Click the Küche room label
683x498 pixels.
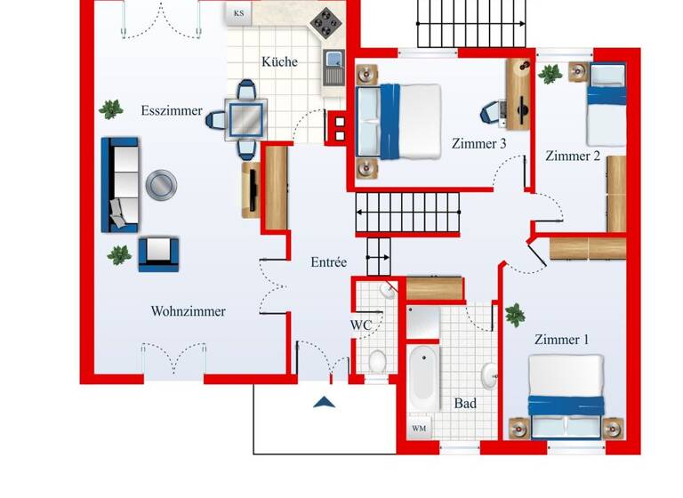[x=279, y=62]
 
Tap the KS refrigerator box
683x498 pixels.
[x=238, y=13]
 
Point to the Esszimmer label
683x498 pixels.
[x=172, y=111]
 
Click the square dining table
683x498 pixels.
[x=246, y=116]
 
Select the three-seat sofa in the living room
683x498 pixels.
[x=120, y=184]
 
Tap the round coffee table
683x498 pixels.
[x=161, y=185]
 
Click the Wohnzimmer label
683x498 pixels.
[x=188, y=311]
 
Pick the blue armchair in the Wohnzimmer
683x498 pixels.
[x=158, y=253]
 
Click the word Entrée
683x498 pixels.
[x=328, y=262]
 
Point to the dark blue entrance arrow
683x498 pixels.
[x=324, y=402]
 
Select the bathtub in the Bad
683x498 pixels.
[x=422, y=377]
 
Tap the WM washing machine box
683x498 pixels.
[x=419, y=429]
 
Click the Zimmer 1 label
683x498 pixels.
[x=561, y=339]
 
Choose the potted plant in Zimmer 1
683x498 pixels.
[x=514, y=314]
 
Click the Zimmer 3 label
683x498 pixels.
[x=478, y=143]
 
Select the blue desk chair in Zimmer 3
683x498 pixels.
[x=491, y=111]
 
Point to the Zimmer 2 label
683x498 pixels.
[x=573, y=157]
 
